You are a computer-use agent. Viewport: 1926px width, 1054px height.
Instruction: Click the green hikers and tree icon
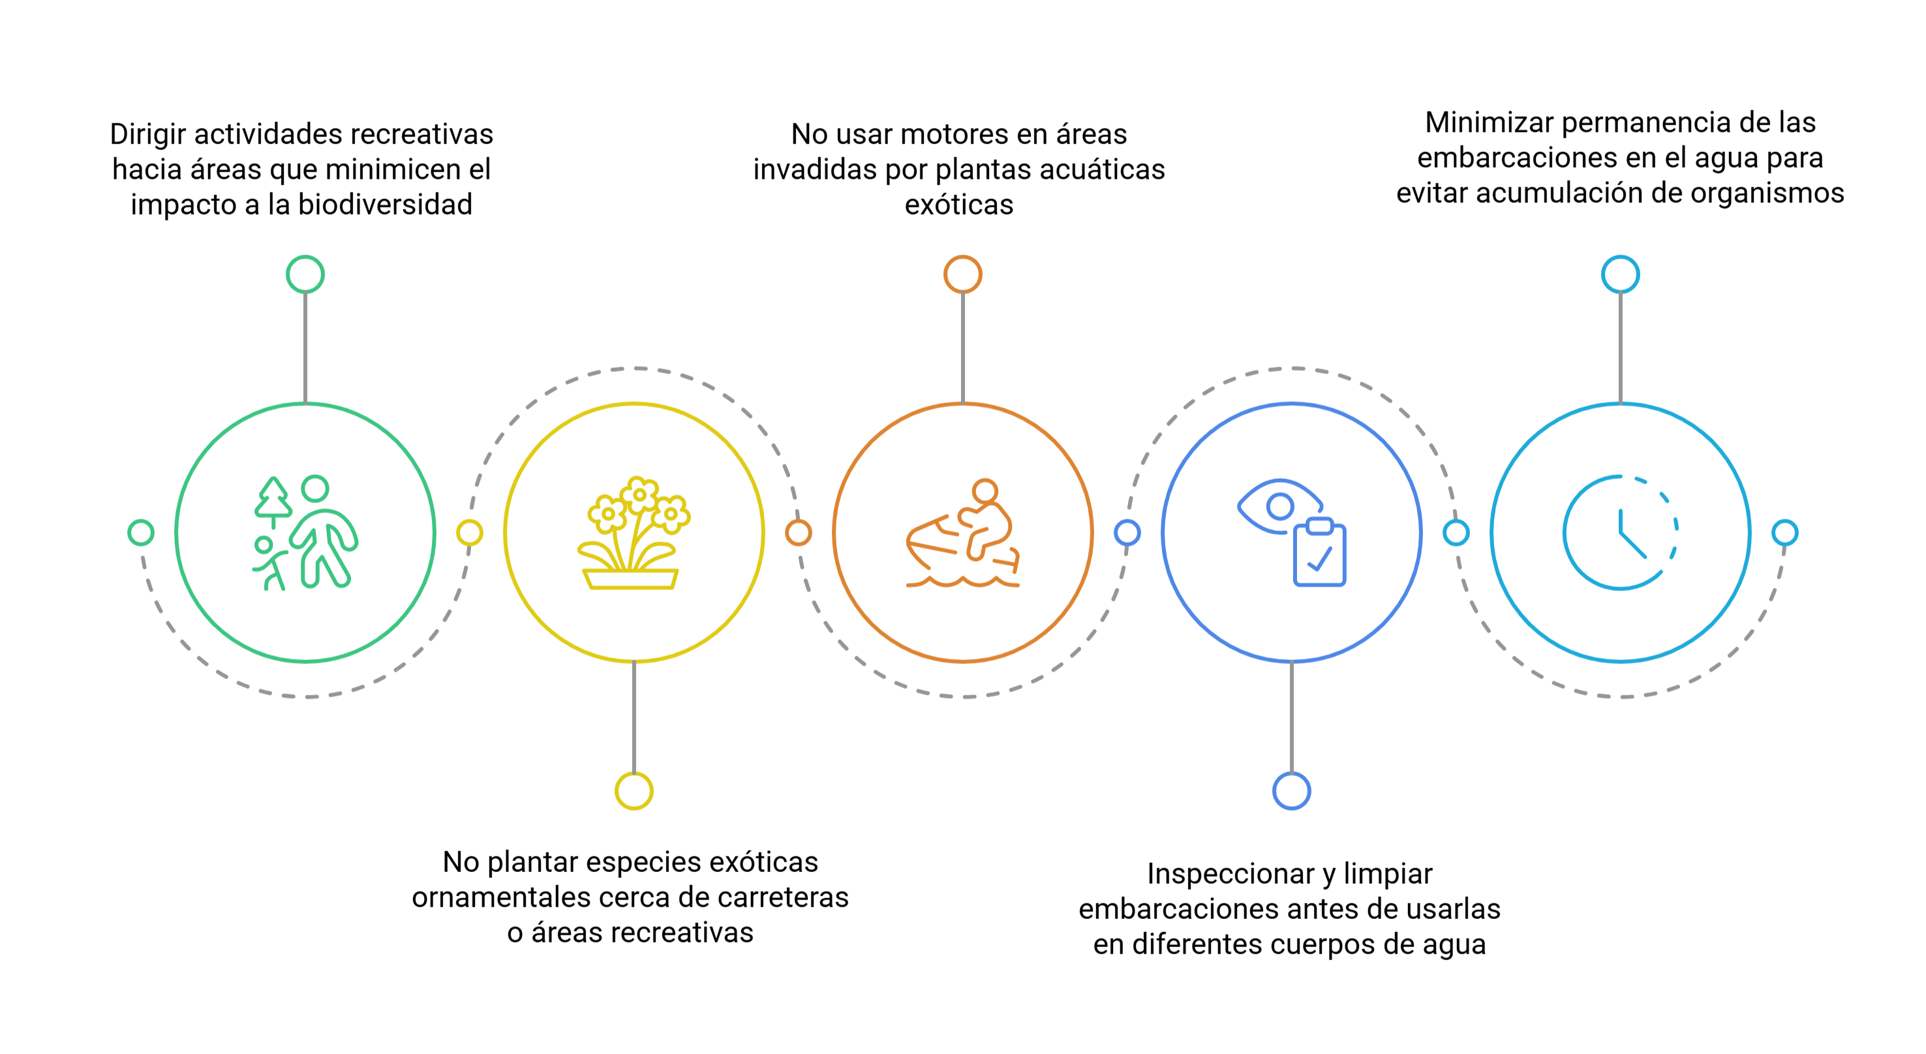(x=305, y=533)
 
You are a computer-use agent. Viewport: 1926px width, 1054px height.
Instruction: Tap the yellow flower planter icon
(x=634, y=533)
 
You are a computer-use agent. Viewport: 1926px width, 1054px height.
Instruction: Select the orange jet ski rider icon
(x=963, y=533)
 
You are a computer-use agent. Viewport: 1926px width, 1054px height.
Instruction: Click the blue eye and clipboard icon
(x=1292, y=533)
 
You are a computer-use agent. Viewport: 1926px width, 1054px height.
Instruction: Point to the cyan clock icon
(x=1620, y=533)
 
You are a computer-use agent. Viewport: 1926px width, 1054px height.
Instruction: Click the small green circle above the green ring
(x=305, y=275)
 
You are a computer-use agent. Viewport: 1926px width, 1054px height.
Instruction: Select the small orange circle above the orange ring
(x=963, y=275)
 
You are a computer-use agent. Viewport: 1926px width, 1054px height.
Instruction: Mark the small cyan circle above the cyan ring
(x=1620, y=275)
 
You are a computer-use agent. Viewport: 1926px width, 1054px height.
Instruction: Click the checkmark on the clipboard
(x=1321, y=559)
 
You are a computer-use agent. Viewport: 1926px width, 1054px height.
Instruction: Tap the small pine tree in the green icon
(x=273, y=500)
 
